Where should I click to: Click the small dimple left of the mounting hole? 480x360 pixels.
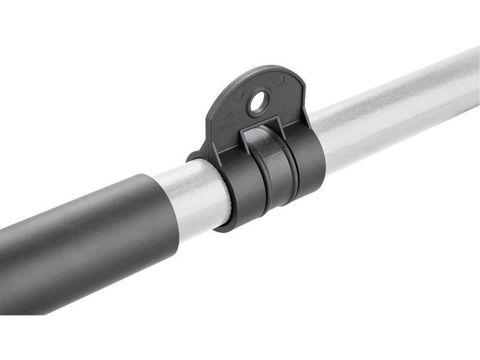click(239, 95)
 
